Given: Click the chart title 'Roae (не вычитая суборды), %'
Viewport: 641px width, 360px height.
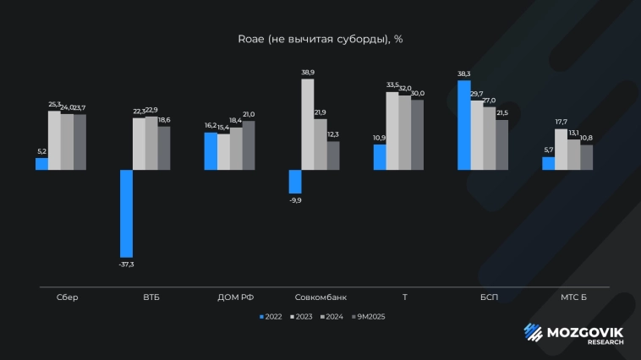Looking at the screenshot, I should [320, 39].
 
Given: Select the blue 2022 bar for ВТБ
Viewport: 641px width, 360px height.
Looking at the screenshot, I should [126, 213].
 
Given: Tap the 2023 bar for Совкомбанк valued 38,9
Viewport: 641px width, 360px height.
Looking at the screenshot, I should [308, 124].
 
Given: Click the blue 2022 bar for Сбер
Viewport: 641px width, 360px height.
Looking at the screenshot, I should [41, 164].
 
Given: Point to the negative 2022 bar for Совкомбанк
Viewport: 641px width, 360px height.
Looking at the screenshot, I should [295, 182].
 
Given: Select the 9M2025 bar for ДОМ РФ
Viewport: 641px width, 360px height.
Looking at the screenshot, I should [249, 145].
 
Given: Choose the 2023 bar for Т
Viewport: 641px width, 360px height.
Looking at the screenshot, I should [392, 131].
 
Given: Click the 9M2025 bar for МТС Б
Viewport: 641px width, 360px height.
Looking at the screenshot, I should [587, 157].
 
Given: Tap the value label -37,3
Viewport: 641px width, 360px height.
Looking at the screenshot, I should [126, 265].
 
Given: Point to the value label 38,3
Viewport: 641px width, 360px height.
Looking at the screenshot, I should [464, 74].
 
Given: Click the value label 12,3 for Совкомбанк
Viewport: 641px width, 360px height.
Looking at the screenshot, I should [333, 135].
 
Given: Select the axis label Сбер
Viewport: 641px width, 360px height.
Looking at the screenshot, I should [67, 297].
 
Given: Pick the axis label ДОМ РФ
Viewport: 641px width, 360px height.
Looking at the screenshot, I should [236, 297].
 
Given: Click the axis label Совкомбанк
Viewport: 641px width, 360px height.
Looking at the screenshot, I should [320, 297].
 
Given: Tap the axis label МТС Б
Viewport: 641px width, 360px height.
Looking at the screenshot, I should [573, 297].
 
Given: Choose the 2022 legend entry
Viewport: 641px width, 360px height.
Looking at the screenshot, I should [271, 317].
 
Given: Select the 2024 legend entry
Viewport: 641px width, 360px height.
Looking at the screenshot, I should [332, 317].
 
